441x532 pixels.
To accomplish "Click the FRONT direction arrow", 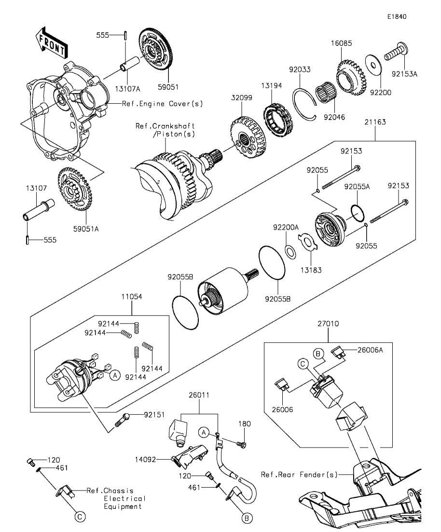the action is coord(52,41).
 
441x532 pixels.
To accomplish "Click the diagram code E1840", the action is coord(397,16).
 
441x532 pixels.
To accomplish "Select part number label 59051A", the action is coord(86,229).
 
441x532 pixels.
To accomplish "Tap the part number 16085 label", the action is coord(342,43).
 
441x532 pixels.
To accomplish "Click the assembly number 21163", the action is coord(375,122).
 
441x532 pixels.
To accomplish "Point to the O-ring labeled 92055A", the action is coord(358,213).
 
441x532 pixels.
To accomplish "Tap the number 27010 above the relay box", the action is coord(328,324).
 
